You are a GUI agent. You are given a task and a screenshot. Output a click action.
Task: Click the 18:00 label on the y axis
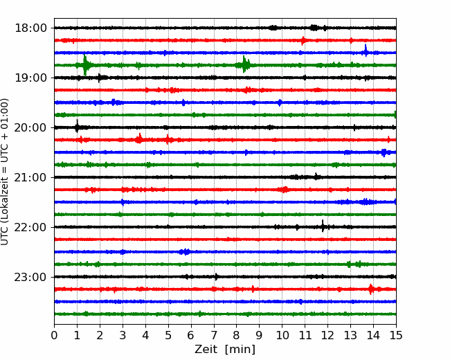pos(30,28)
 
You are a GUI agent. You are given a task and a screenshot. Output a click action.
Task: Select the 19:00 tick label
pos(30,78)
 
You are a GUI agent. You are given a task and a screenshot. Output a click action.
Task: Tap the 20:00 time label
pos(30,127)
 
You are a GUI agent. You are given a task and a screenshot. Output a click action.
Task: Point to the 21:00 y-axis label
pos(30,177)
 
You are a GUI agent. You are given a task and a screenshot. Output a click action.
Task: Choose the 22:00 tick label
pos(30,227)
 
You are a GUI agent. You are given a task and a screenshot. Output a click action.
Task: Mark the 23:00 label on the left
pos(30,277)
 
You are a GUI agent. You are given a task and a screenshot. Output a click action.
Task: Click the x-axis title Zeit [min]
pos(225,350)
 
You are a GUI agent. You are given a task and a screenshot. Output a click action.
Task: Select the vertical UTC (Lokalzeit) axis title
pos(5,172)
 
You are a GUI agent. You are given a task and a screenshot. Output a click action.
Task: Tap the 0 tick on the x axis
pos(54,335)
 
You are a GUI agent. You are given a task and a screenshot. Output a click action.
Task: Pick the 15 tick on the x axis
pos(396,335)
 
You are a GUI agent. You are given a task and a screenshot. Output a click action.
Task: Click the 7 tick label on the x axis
pos(214,335)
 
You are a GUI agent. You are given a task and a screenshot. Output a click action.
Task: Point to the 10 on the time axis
pos(282,335)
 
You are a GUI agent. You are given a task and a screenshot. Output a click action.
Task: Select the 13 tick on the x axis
pos(350,335)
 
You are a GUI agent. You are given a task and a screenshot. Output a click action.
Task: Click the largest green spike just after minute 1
pos(85,65)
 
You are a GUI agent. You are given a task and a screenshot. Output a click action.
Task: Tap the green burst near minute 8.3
pos(244,64)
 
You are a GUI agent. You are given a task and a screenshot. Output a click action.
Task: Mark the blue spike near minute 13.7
pos(366,51)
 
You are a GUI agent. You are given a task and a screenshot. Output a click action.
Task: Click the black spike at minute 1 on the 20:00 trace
pos(77,126)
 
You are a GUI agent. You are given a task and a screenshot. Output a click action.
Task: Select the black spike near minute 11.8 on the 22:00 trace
pos(323,226)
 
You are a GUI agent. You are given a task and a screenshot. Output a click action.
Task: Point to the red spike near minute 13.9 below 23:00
pos(371,289)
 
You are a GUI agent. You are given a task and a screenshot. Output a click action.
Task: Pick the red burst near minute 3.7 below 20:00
pos(139,138)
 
